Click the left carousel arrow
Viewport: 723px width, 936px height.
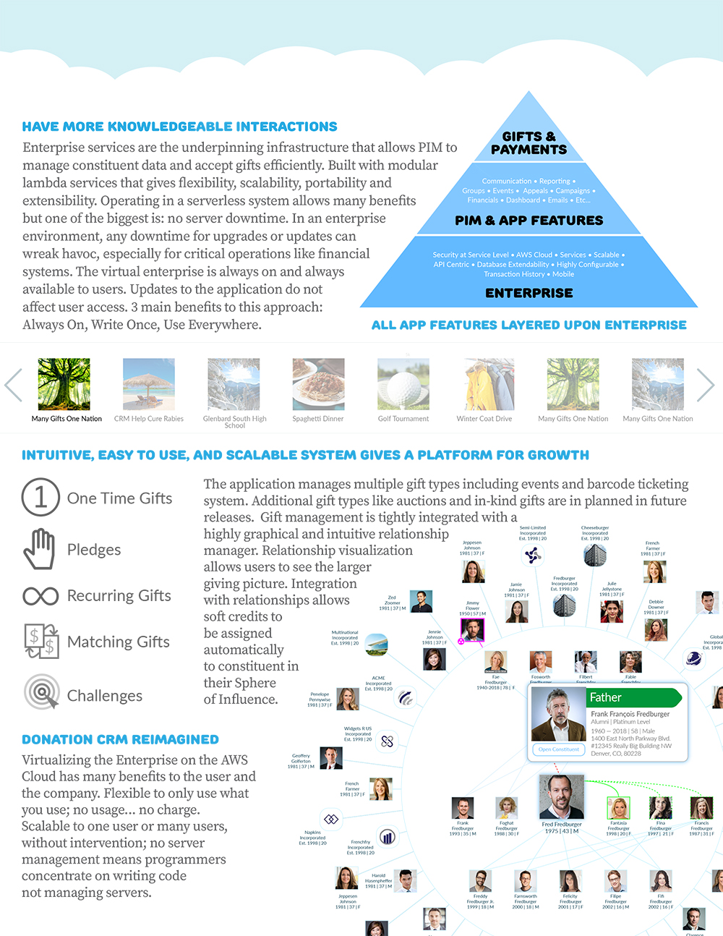[14, 385]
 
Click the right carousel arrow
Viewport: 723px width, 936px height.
[705, 385]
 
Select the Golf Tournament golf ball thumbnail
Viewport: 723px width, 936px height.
[403, 384]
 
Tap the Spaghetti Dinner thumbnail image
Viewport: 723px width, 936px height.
[318, 384]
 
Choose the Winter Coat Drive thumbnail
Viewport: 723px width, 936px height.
[489, 384]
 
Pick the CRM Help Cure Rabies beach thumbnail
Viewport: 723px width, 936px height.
[149, 384]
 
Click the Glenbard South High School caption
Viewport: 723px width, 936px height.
[234, 422]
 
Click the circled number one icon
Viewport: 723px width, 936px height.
[40, 497]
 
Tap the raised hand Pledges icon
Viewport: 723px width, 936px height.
[40, 549]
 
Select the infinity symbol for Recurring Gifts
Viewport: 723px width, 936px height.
[40, 596]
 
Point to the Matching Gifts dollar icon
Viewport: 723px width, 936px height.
[41, 641]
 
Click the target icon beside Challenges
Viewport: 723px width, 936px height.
[41, 692]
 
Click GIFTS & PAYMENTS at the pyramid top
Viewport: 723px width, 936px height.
[529, 143]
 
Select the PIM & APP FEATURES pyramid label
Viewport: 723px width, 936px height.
[529, 221]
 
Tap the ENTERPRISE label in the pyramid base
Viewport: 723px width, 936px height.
[529, 293]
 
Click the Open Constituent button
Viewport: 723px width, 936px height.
[558, 749]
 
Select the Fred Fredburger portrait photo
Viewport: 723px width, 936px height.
[561, 796]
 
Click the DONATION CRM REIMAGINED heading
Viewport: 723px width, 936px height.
[120, 739]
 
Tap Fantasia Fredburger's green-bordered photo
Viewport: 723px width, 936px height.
[618, 808]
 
